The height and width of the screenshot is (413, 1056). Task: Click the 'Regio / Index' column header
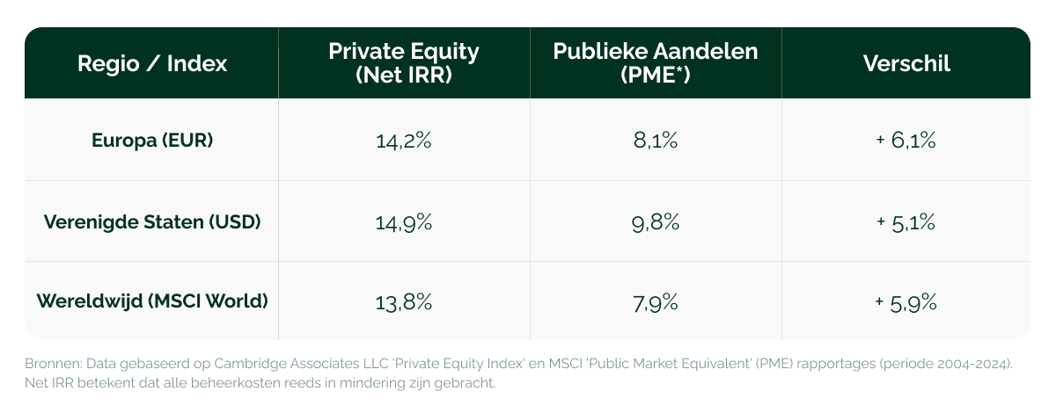[x=152, y=63]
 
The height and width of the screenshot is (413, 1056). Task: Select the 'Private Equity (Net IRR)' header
[x=404, y=63]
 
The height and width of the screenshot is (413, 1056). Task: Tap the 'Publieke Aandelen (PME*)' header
[x=656, y=63]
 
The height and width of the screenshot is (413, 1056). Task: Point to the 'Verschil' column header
[x=906, y=63]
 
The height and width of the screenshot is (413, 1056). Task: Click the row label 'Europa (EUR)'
[x=152, y=140]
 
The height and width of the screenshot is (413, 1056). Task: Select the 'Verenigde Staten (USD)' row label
[x=152, y=221]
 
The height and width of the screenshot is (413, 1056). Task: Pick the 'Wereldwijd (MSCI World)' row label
[x=152, y=301]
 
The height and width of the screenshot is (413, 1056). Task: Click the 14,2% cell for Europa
[x=404, y=141]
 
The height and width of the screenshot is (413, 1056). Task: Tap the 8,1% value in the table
[x=656, y=141]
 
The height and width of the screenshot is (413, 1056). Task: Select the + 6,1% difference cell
[x=906, y=141]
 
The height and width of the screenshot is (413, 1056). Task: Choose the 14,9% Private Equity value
[x=404, y=222]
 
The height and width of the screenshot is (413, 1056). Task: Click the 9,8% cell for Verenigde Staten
[x=656, y=222]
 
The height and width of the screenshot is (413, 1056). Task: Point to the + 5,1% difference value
[x=906, y=222]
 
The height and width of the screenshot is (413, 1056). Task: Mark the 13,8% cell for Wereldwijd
[x=404, y=303]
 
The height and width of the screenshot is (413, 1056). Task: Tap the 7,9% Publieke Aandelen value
[x=656, y=303]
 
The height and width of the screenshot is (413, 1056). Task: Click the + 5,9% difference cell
[x=906, y=303]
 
